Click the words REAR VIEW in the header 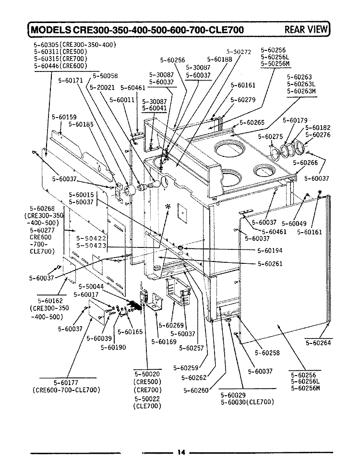click(x=306, y=29)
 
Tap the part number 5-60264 click(x=318, y=343)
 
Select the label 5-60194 click(x=270, y=250)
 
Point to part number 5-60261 click(x=270, y=264)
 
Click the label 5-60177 click(x=66, y=383)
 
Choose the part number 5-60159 click(x=64, y=117)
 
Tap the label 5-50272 click(x=239, y=52)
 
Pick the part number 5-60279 click(x=243, y=99)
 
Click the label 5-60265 click(x=252, y=122)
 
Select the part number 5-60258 click(x=267, y=353)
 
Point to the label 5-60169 click(x=164, y=341)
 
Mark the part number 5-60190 click(x=113, y=347)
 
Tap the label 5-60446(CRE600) click(x=60, y=66)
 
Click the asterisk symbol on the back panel click(x=168, y=207)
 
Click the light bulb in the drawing click(x=153, y=184)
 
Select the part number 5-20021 click(x=102, y=87)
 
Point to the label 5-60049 click(x=294, y=224)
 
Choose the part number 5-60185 click(x=81, y=124)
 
